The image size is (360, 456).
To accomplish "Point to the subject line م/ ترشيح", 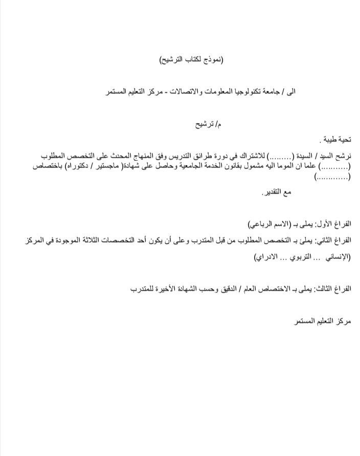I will (210, 124).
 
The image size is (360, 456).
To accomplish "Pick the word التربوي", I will (296, 257).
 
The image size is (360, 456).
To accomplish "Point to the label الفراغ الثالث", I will (333, 289).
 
